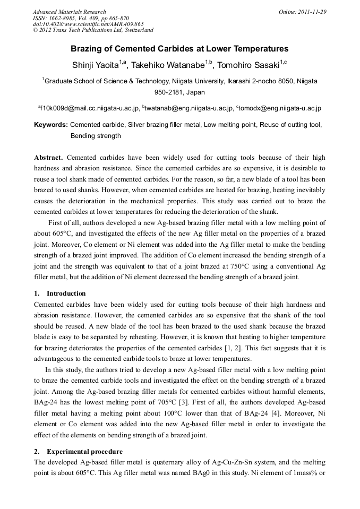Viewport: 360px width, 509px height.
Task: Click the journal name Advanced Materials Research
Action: pos(69,12)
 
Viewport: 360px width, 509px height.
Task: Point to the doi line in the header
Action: pos(88,24)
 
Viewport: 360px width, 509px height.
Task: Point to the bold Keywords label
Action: pos(50,125)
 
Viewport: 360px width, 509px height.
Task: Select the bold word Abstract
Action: pos(48,158)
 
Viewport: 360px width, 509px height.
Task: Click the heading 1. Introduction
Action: pos(59,294)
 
